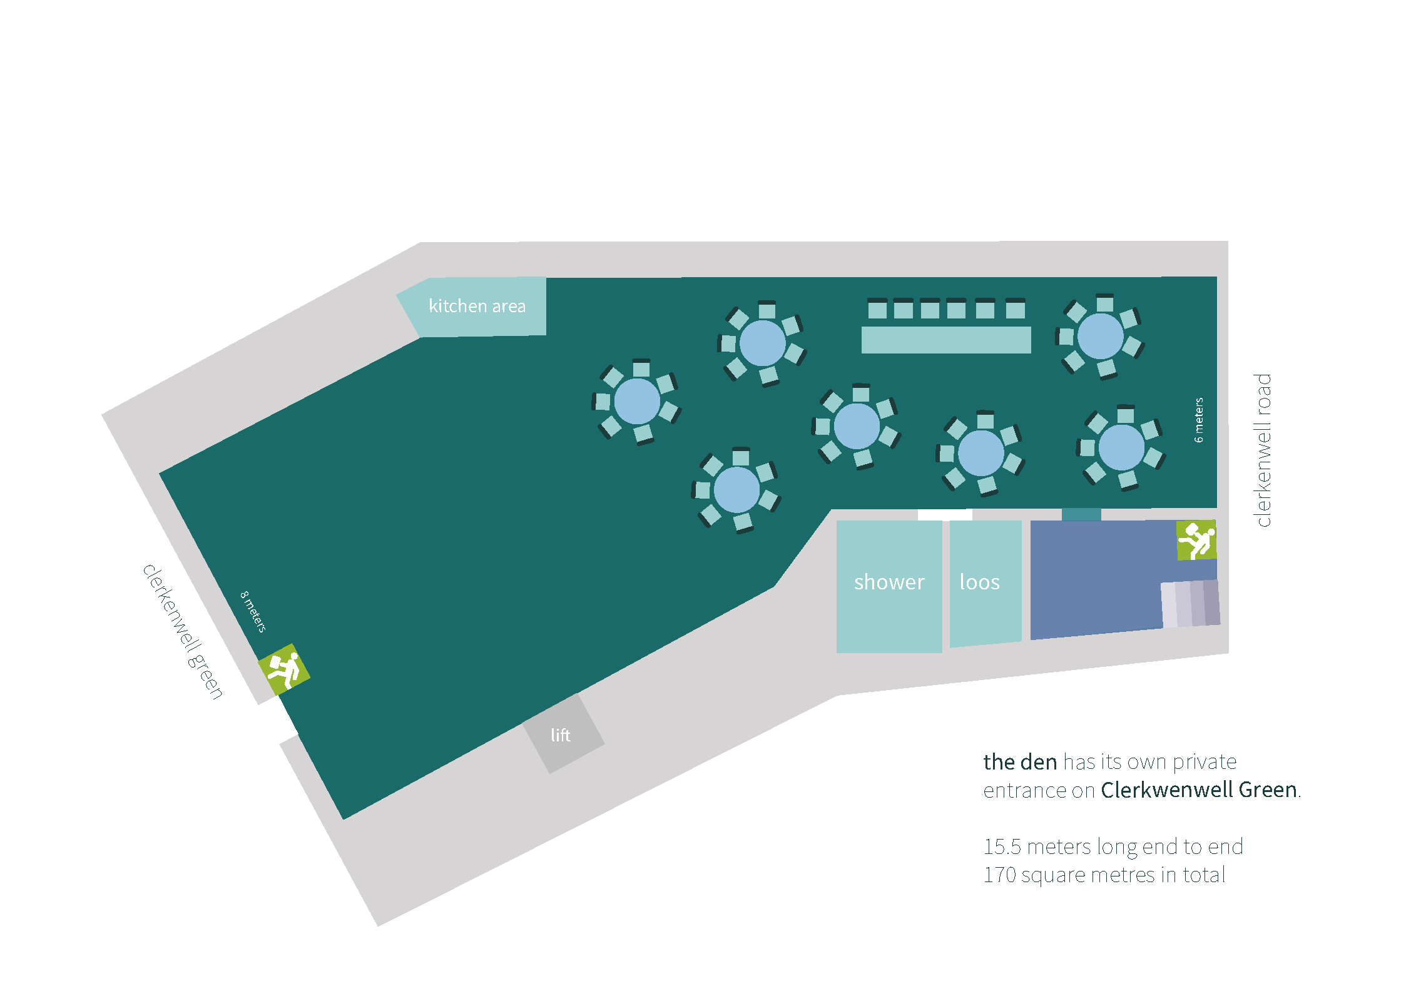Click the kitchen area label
pos(477,306)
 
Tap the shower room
pos(889,586)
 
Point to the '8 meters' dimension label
pos(253,611)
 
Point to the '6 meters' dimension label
pos(1198,420)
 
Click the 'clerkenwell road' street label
pos(1263,450)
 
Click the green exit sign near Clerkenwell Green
pos(284,669)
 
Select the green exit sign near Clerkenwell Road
pos(1196,540)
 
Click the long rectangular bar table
pos(945,340)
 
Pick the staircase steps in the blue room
pos(1189,604)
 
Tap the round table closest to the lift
pos(736,490)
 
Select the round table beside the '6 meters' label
pos(1121,447)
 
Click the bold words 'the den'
pos(1019,762)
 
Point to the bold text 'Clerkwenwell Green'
pos(1198,790)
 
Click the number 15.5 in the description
pos(1002,846)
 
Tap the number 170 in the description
pos(999,875)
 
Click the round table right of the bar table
pos(1100,336)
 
